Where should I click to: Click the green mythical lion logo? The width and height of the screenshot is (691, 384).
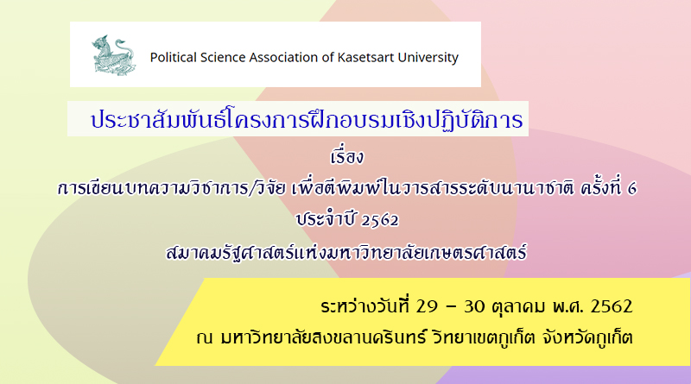[x=114, y=55]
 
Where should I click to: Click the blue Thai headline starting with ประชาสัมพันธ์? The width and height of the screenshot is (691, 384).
[x=307, y=119]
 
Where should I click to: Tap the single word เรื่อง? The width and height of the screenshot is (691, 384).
[x=347, y=156]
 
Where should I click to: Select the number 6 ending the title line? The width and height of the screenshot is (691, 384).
[x=632, y=189]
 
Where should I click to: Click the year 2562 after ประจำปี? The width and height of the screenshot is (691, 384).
[x=379, y=220]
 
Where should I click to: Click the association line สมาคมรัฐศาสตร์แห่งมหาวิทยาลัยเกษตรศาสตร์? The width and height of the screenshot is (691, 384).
[x=346, y=252]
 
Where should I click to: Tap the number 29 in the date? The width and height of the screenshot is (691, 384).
[x=427, y=306]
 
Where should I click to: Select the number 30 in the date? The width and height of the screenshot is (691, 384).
[x=474, y=306]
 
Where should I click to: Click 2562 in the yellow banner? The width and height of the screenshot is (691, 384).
[x=612, y=306]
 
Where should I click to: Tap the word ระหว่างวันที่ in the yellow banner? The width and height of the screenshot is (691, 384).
[x=365, y=305]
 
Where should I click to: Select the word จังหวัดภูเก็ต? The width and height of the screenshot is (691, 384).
[x=587, y=337]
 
